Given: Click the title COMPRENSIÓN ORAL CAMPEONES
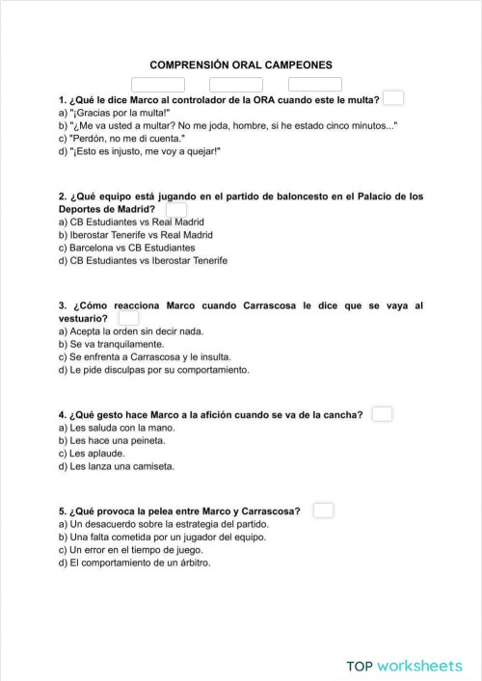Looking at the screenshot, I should [241, 65].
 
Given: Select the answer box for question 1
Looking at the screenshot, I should [393, 97].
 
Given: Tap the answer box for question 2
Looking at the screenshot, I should [176, 208].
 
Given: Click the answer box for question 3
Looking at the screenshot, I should [127, 318].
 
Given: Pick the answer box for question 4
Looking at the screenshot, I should [383, 414].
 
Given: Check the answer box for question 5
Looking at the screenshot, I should [324, 510].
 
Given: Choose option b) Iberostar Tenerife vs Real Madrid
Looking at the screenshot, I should [136, 234].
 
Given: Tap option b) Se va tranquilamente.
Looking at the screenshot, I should [111, 344].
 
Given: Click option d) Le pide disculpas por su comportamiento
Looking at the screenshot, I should [153, 370].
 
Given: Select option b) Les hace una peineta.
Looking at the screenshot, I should [111, 440].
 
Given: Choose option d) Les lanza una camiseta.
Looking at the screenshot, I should [116, 466].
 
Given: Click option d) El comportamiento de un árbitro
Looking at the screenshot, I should [134, 563].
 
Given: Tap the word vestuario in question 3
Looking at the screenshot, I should [82, 318].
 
